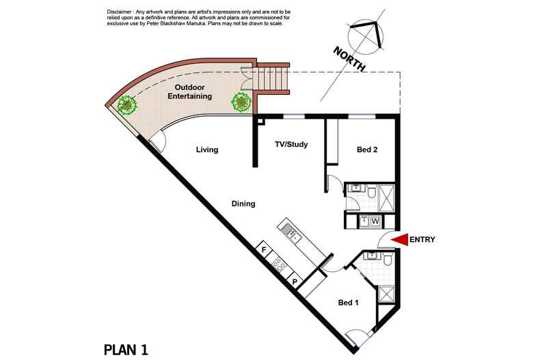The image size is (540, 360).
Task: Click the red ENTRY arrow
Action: pos(399,240)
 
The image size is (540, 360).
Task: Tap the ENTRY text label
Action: pos(422,240)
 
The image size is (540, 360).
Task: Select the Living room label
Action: pos(207,150)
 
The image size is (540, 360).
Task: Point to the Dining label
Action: pos(243,204)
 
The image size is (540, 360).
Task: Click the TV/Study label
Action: pos(291,144)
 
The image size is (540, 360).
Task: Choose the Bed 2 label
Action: pos(367,150)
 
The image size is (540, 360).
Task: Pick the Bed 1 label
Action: pos(349,303)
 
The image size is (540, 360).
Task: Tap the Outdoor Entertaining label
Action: pos(190,92)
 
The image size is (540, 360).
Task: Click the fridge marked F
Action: pos(264,249)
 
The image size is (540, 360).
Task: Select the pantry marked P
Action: pos(295,281)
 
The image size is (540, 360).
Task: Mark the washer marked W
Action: pos(375,221)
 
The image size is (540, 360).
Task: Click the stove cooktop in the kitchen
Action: pos(278,264)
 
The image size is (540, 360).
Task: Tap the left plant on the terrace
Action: pos(127,105)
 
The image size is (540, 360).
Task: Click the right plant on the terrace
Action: pos(241,102)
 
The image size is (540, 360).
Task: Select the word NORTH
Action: pos(349,59)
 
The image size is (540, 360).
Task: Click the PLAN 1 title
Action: pos(126,350)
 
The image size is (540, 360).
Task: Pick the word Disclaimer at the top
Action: pos(119,12)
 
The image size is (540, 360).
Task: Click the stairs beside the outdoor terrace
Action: pos(272,79)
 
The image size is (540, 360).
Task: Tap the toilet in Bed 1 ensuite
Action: pos(388,259)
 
